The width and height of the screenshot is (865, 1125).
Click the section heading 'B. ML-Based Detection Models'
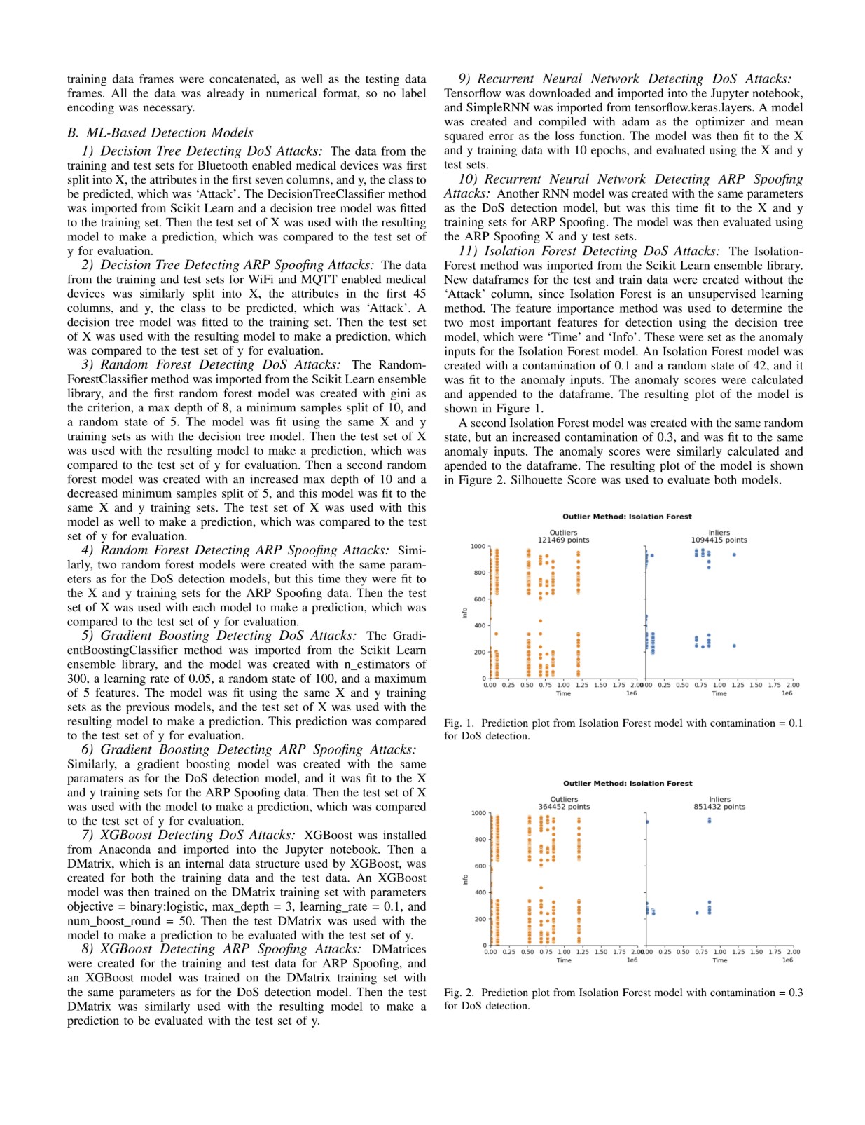[x=160, y=132]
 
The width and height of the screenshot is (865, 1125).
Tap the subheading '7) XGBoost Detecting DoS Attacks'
[x=188, y=835]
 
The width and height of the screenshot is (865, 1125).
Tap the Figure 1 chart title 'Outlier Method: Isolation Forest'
[x=627, y=517]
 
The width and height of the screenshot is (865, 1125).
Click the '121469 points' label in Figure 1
[x=563, y=540]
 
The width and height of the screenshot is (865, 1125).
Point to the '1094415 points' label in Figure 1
[x=719, y=540]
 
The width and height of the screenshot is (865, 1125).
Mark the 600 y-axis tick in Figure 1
[x=479, y=599]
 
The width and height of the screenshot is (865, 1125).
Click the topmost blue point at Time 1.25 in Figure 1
[x=734, y=554]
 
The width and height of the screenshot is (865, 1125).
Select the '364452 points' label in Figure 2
[x=564, y=807]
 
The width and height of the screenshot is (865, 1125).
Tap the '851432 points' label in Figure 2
[x=719, y=807]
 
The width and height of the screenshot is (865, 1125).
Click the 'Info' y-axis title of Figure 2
[x=465, y=880]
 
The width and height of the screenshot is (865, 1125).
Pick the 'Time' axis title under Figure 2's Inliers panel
[x=720, y=960]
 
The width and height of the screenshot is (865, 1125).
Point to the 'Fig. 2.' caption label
[x=459, y=993]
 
